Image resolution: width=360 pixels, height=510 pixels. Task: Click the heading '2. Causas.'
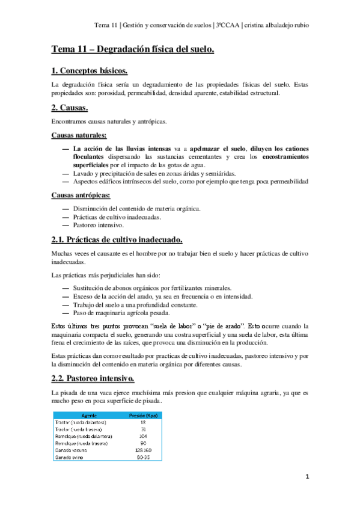coord(70,109)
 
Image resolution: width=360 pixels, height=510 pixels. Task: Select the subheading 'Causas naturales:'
coord(79,135)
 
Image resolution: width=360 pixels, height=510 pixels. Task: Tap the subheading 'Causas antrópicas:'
coord(81,197)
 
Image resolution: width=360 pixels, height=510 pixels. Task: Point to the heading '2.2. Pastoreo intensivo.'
coord(93,378)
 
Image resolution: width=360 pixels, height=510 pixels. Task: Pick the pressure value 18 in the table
coord(143,423)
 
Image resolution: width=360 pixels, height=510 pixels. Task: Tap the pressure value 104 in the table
coord(143,436)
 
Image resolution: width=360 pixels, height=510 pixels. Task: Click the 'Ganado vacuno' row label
coord(70,450)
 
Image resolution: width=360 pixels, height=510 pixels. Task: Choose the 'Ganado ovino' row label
coord(69,457)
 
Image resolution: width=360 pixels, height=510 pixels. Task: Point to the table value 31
coord(143,429)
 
